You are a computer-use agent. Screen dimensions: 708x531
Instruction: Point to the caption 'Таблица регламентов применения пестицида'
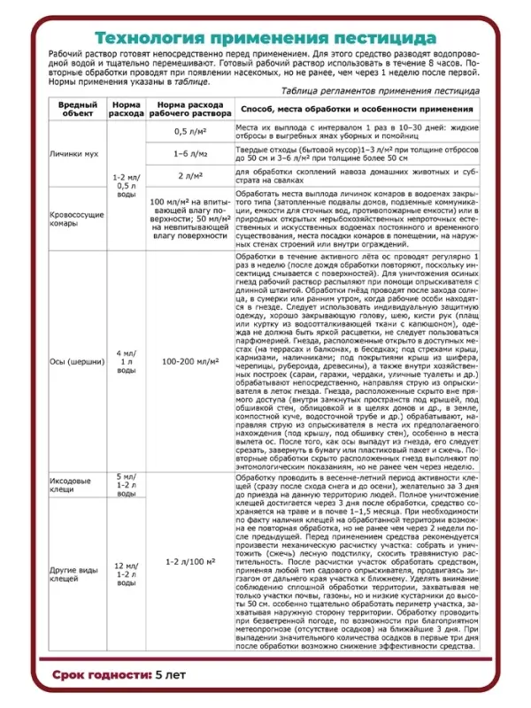click(380, 91)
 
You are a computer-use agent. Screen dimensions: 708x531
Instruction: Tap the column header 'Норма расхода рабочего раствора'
click(185, 109)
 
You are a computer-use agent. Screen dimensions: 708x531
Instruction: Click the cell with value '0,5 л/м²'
click(185, 131)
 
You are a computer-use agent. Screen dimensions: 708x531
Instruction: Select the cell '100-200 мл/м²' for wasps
click(185, 361)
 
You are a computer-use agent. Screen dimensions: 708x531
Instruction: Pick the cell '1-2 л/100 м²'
click(185, 562)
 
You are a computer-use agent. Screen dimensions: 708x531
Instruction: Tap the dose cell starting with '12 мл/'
click(127, 572)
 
